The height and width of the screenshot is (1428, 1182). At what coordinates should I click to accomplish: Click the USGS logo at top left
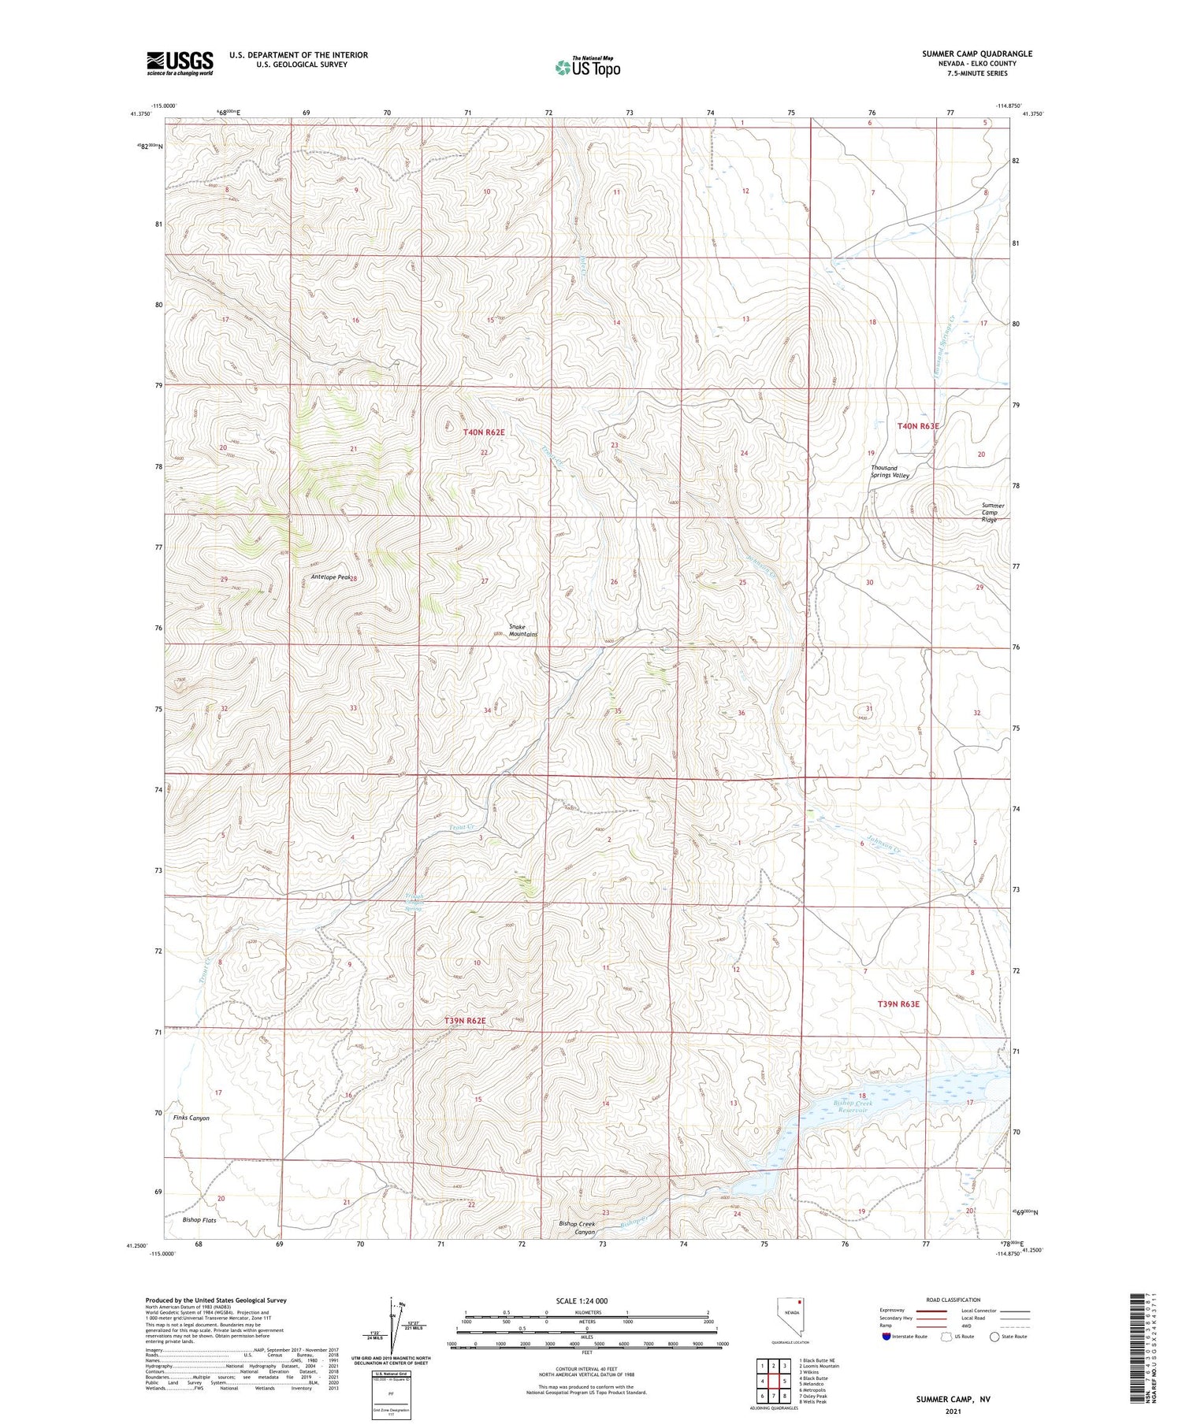(180, 63)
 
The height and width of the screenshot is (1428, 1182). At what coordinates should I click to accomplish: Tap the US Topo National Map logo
(587, 67)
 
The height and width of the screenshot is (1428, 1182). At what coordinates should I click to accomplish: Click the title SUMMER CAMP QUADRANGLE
(976, 54)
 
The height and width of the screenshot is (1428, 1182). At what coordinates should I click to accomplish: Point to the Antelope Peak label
(331, 577)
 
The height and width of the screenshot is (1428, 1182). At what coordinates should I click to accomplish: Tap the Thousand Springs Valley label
(890, 472)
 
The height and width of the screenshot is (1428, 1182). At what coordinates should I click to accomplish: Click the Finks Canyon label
(191, 1118)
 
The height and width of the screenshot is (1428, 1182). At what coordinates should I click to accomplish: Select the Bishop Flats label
(199, 1220)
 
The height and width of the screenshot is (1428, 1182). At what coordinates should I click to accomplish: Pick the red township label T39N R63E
(898, 1004)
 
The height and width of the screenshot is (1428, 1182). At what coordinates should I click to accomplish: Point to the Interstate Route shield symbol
(888, 1337)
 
